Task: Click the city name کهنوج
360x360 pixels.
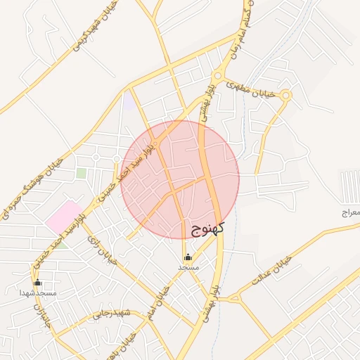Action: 208,228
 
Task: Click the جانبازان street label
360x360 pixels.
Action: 40,316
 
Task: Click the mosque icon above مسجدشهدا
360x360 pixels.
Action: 38,283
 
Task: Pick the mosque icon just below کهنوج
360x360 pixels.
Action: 188,257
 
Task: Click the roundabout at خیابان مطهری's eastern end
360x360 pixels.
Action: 285,96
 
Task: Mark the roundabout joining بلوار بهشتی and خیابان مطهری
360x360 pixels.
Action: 218,75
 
